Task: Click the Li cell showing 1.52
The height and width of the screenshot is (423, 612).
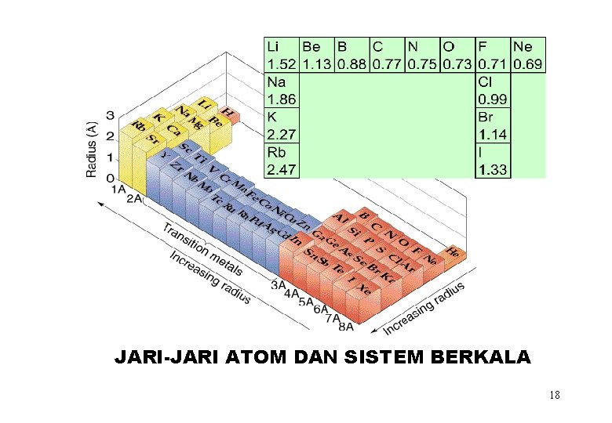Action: (280, 55)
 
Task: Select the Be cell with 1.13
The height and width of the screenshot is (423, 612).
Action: (315, 55)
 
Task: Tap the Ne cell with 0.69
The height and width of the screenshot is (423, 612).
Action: (527, 55)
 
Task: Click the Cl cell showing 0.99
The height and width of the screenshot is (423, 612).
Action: (492, 91)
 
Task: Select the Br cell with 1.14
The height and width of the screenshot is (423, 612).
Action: (492, 125)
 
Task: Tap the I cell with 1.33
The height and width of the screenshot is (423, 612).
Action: (492, 161)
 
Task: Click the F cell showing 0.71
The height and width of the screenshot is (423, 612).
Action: (492, 55)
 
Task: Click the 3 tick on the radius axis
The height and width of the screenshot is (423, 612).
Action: (110, 117)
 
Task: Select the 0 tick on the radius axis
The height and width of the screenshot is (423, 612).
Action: (110, 179)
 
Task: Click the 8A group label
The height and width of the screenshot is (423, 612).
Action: (346, 327)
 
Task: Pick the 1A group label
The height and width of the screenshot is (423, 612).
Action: (119, 189)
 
